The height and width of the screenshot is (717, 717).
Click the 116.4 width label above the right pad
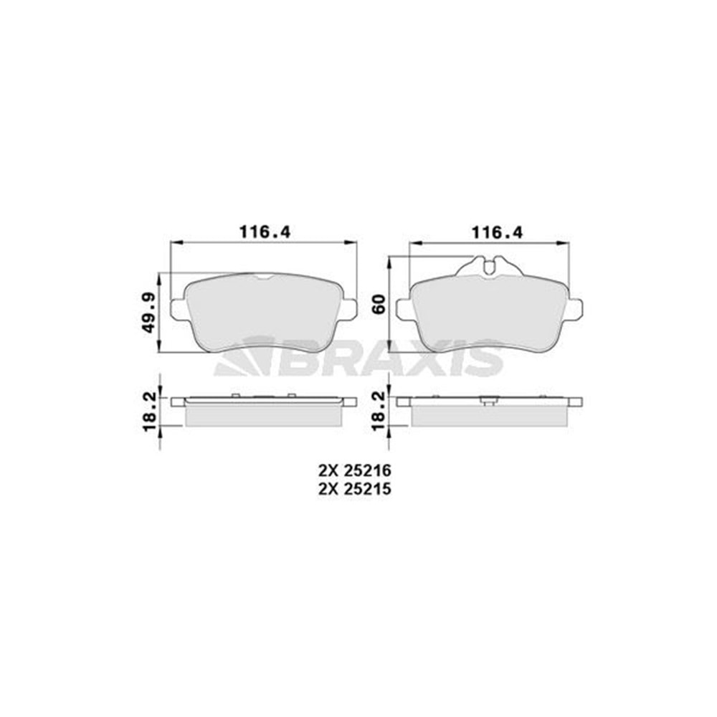click(495, 231)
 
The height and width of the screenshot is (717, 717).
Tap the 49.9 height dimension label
click(149, 313)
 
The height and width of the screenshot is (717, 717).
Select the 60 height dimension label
click(380, 304)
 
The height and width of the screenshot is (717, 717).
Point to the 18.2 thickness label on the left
click(149, 412)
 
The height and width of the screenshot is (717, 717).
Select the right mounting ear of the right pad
click(576, 308)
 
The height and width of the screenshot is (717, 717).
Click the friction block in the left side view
click(263, 416)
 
